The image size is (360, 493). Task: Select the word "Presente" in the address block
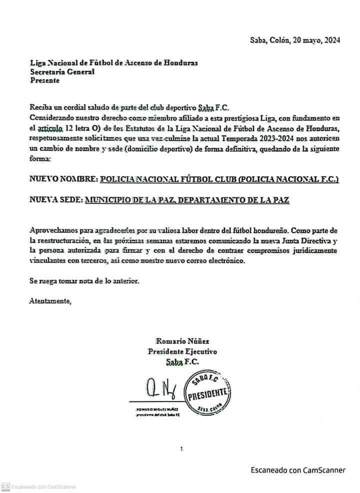click(x=44, y=79)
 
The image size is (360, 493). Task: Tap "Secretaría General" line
click(x=62, y=71)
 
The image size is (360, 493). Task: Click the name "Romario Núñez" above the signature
click(x=179, y=341)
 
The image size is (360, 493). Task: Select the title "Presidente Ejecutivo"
click(x=182, y=351)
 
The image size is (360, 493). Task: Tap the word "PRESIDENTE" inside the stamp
click(x=208, y=393)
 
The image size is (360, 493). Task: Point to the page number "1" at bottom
click(x=181, y=449)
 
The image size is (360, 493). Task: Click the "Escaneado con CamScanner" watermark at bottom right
click(x=298, y=469)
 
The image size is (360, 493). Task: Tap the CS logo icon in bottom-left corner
click(x=6, y=486)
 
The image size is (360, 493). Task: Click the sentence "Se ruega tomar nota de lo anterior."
click(x=84, y=281)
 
